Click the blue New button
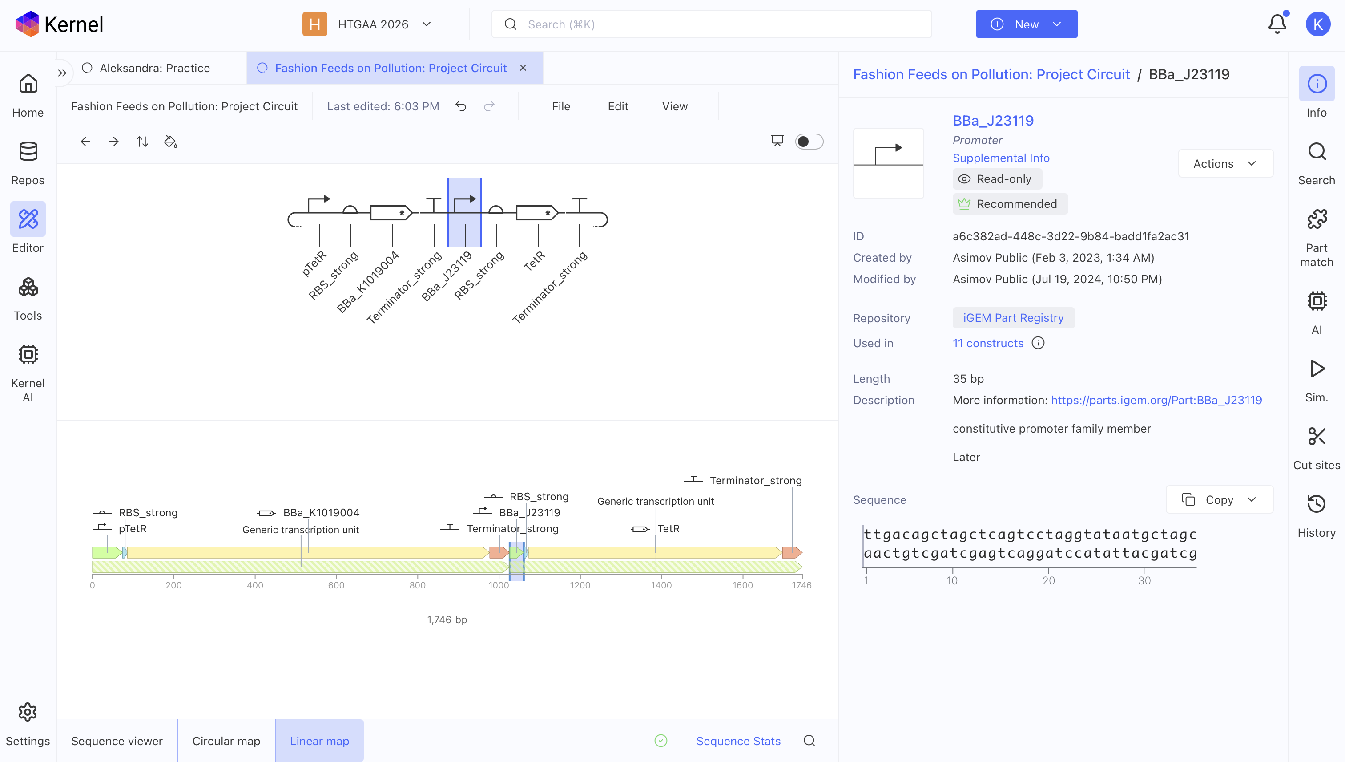1026,24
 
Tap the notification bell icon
1277,24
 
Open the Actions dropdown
1225,164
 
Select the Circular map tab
226,741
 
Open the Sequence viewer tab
117,741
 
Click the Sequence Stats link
738,741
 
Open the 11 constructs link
988,343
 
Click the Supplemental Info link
1001,158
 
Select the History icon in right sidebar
1317,504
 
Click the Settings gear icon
28,712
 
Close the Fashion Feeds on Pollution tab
523,68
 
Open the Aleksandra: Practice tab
155,68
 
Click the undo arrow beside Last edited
461,106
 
